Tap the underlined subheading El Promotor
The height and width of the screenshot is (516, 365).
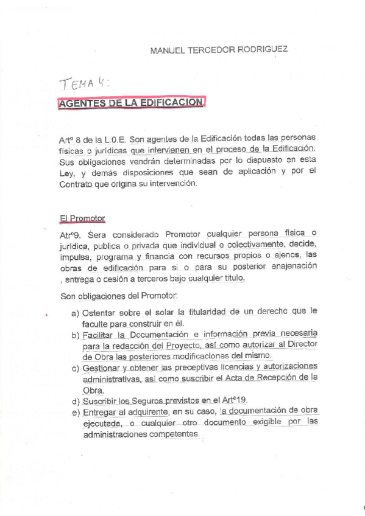pos(82,217)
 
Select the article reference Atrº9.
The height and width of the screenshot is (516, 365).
pos(72,234)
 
